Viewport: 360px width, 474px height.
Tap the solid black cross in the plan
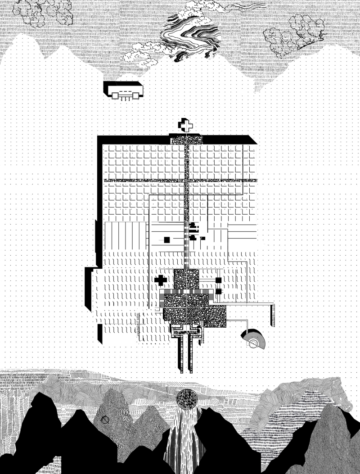coord(160,280)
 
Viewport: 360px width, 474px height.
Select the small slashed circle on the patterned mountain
coord(105,420)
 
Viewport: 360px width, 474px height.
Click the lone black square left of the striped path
coord(166,240)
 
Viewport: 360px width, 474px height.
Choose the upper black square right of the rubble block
coord(218,280)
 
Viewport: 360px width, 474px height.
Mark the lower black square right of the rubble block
coord(218,291)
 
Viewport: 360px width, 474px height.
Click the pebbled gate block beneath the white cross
coord(186,140)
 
